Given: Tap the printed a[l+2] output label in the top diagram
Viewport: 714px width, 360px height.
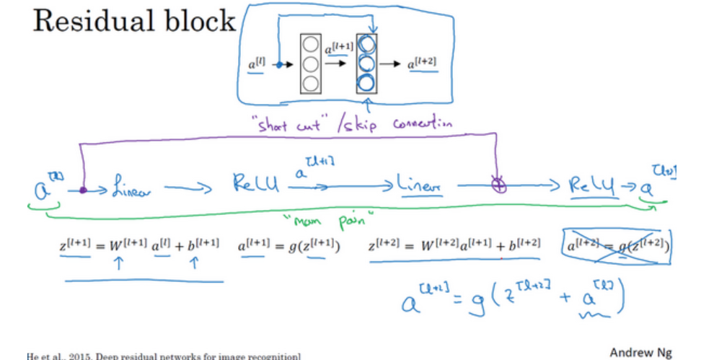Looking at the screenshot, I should point(423,63).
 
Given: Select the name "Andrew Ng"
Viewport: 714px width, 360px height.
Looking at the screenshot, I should point(640,353).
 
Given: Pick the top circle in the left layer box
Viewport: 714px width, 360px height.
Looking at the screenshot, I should point(311,46).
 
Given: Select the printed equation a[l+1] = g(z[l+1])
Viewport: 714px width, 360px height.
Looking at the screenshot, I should point(289,246).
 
